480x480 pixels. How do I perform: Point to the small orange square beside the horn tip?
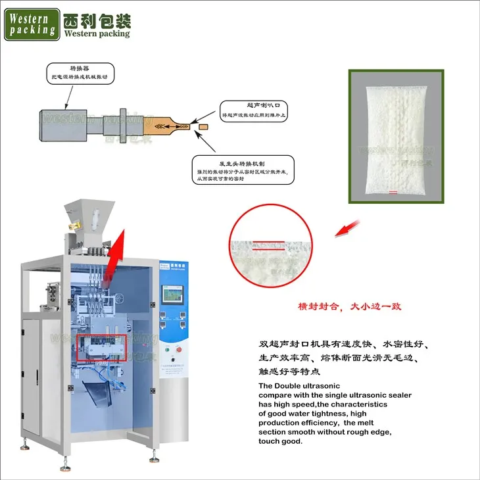point(203,125)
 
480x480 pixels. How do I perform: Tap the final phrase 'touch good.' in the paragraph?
point(281,441)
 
